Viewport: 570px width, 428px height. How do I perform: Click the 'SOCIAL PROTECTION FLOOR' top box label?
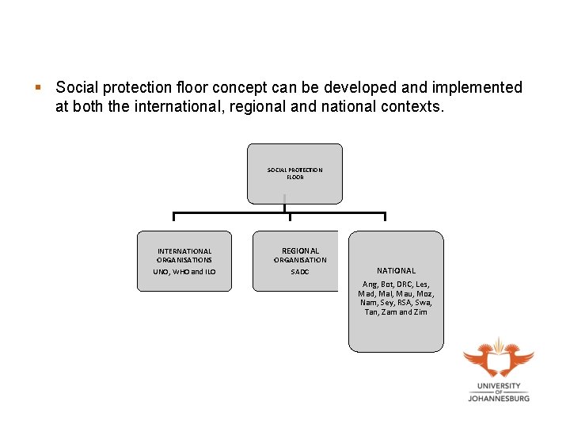294,173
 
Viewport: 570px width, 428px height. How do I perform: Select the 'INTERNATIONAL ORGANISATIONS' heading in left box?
184,255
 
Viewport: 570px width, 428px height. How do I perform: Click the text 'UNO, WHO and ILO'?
184,272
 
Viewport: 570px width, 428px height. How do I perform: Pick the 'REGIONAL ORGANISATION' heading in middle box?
300,255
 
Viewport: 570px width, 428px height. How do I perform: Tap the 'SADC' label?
300,272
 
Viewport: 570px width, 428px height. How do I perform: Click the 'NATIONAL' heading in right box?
396,270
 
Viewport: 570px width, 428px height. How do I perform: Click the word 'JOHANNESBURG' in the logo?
498,399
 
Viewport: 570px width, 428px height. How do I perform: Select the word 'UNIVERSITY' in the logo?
499,386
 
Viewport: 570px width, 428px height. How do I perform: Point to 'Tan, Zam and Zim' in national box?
396,311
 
